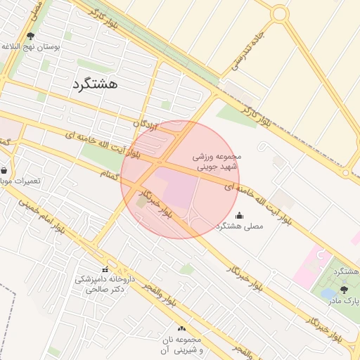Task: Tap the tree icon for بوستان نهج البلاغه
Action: (30, 35)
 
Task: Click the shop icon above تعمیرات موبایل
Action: (4, 170)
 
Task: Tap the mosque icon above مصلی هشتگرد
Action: (239, 215)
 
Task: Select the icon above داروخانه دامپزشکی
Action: (105, 269)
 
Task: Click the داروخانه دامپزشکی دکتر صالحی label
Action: (100, 284)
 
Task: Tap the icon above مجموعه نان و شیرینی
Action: (182, 328)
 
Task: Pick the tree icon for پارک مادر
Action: (343, 289)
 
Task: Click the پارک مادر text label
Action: (343, 300)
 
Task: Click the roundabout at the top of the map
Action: (279, 13)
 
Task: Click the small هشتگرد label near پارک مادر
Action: (347, 271)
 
